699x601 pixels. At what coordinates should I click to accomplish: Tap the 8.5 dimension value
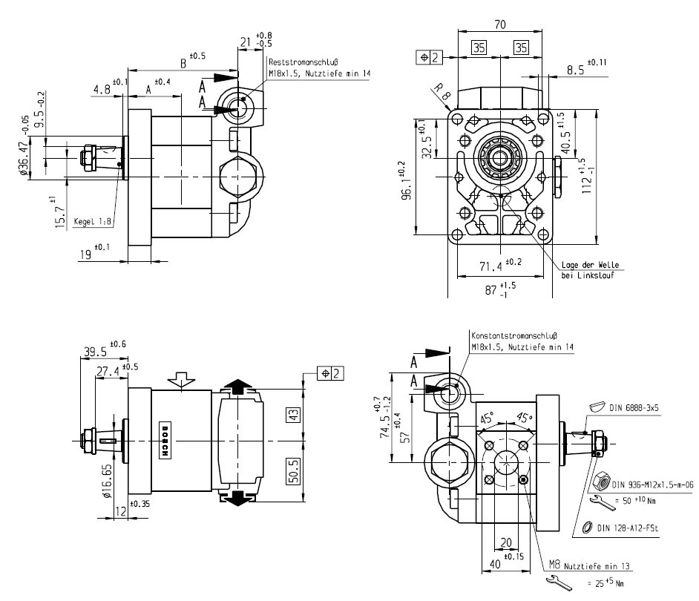tap(574, 70)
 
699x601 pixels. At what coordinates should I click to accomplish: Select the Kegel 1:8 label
tap(92, 221)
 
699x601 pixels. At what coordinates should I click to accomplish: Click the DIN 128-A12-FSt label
tap(631, 528)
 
